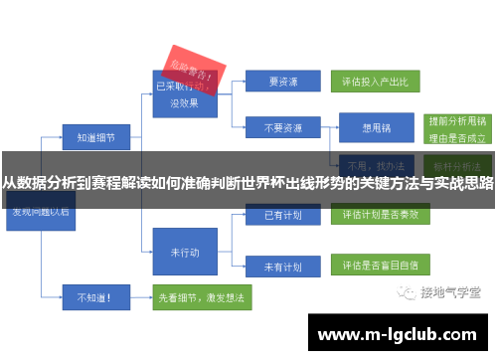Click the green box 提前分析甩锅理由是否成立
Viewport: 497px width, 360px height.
click(455, 128)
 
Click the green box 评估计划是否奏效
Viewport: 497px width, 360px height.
click(375, 214)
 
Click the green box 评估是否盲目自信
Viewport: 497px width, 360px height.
click(375, 267)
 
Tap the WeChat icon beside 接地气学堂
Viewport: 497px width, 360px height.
click(406, 292)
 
